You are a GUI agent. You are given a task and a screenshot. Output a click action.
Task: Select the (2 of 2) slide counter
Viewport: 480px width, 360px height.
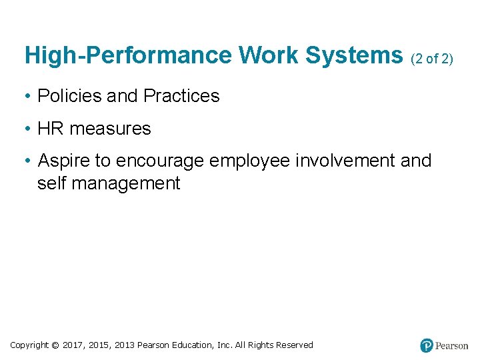point(432,59)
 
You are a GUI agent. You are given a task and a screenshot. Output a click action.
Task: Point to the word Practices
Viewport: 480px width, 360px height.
point(181,96)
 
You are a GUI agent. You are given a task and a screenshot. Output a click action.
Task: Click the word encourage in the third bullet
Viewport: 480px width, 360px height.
point(160,161)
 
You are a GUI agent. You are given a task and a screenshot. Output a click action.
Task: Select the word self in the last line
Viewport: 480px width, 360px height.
point(51,183)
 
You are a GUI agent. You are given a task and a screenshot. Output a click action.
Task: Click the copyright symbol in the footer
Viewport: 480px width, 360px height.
point(55,345)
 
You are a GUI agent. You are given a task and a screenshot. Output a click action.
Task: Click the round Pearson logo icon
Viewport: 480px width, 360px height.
point(427,345)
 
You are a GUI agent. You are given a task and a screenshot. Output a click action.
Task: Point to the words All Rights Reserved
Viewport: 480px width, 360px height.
point(274,345)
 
